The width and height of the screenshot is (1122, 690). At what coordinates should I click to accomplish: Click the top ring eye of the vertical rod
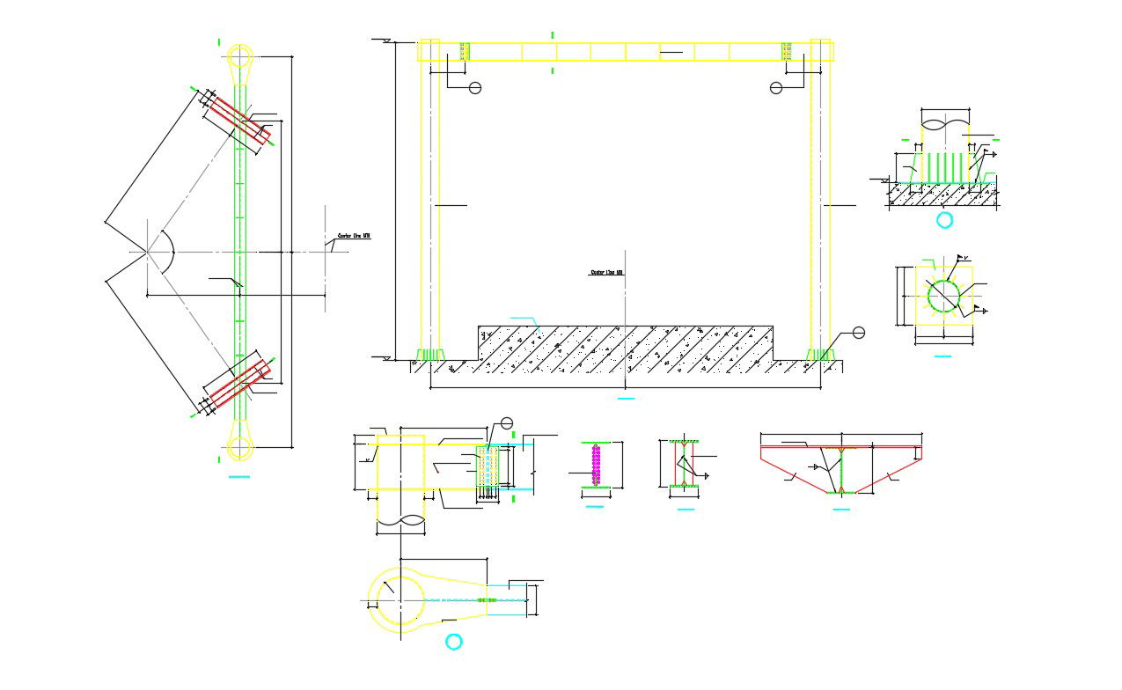[239, 56]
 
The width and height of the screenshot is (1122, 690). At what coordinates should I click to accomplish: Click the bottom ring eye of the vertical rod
[239, 446]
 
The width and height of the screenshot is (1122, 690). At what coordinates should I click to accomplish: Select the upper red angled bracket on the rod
[238, 121]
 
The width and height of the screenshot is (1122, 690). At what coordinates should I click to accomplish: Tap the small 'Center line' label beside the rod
[354, 236]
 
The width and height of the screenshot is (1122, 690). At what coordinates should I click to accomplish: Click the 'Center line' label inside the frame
[606, 273]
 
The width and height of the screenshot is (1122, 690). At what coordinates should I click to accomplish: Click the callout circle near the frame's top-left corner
[475, 88]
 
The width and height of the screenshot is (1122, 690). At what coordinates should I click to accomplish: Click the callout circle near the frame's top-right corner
[775, 88]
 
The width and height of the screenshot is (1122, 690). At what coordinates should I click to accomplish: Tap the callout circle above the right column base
[859, 332]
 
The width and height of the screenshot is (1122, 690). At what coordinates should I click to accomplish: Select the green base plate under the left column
[428, 355]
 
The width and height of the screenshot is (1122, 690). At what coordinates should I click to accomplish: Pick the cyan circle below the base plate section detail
[945, 220]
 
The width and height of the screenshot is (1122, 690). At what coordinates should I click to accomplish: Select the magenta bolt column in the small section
[596, 465]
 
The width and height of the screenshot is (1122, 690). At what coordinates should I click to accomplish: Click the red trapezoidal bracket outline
[841, 469]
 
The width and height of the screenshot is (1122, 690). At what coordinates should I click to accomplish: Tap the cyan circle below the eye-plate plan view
[453, 642]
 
